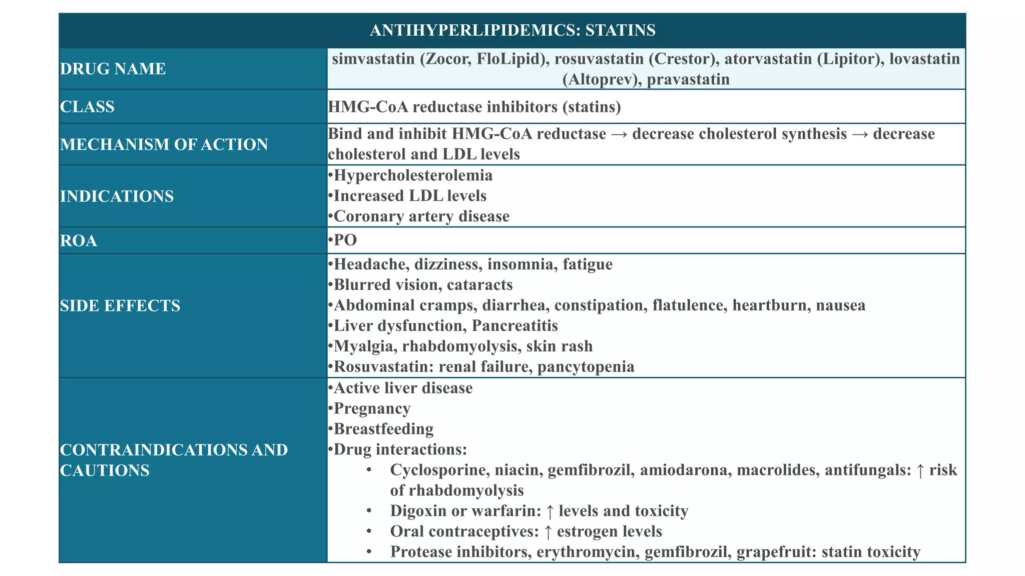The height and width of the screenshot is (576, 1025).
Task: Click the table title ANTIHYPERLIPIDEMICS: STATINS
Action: coord(512,30)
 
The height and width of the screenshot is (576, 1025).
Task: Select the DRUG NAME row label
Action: coord(113,69)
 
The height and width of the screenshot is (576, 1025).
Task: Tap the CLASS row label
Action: coord(87,107)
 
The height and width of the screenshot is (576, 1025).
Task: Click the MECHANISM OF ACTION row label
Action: coord(164,144)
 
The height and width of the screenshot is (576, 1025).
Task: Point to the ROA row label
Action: coord(79,241)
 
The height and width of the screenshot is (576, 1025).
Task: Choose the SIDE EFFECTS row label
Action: coord(120,306)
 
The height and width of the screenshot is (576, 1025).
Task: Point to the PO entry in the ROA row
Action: coord(345,240)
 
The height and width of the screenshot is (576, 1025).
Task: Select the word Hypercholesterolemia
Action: coord(413,175)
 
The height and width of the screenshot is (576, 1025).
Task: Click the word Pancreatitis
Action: coord(515,326)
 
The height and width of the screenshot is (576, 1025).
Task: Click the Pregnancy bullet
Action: coord(372,408)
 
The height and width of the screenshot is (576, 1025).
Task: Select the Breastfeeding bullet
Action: coord(383,429)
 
